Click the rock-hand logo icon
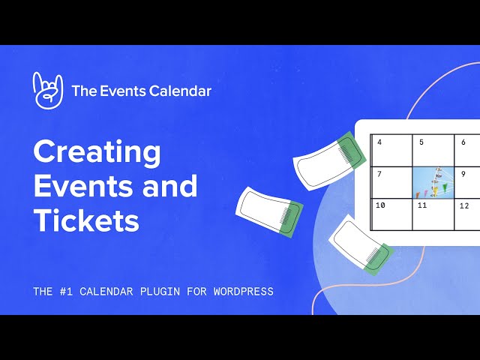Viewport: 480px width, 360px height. tap(48, 91)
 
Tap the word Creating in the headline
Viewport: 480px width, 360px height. tap(97, 152)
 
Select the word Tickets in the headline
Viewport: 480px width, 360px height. tap(86, 220)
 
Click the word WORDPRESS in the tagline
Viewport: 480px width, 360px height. tap(241, 291)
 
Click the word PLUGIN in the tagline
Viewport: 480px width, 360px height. tap(160, 291)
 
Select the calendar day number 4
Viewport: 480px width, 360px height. tap(379, 142)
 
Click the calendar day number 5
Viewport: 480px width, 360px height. tap(421, 142)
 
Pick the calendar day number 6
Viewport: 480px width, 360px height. tap(463, 142)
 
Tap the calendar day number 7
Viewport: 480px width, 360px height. tap(379, 174)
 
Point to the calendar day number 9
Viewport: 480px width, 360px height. tap(463, 174)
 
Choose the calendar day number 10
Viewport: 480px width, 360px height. tap(380, 205)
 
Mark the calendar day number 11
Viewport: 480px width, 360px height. tap(422, 205)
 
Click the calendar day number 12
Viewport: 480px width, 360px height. tap(464, 205)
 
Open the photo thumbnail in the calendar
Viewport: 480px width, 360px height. tap(433, 182)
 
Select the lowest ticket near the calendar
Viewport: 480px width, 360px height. tap(361, 244)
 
